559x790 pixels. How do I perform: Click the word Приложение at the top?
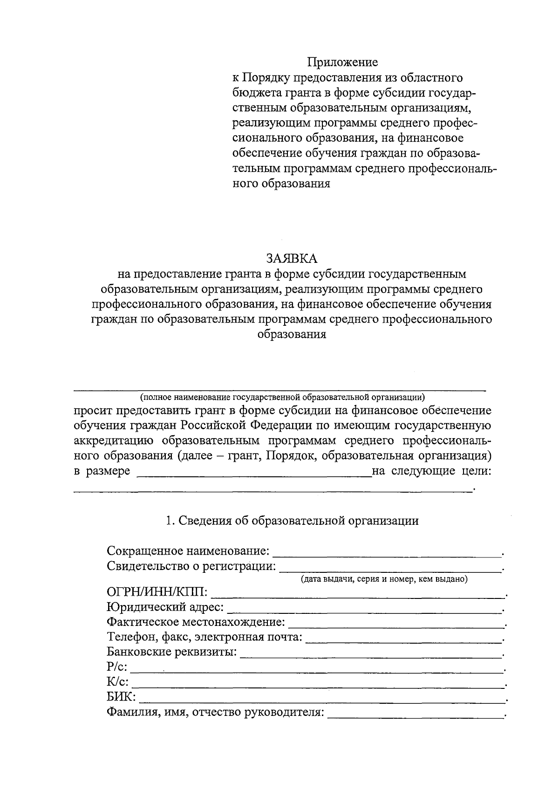pyautogui.click(x=342, y=62)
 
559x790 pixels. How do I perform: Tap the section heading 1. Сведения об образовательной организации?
pyautogui.click(x=293, y=521)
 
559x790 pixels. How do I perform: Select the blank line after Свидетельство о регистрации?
pyautogui.click(x=390, y=570)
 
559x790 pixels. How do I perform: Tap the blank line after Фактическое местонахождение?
pyautogui.click(x=396, y=625)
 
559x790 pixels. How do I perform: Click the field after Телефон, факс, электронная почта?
pyautogui.click(x=404, y=640)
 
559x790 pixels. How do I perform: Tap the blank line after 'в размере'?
pyautogui.click(x=253, y=475)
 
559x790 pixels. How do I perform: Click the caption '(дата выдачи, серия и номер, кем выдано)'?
pyautogui.click(x=383, y=580)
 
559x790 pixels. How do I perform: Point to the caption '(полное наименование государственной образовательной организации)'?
pyautogui.click(x=282, y=397)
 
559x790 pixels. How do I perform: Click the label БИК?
pyautogui.click(x=121, y=697)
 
